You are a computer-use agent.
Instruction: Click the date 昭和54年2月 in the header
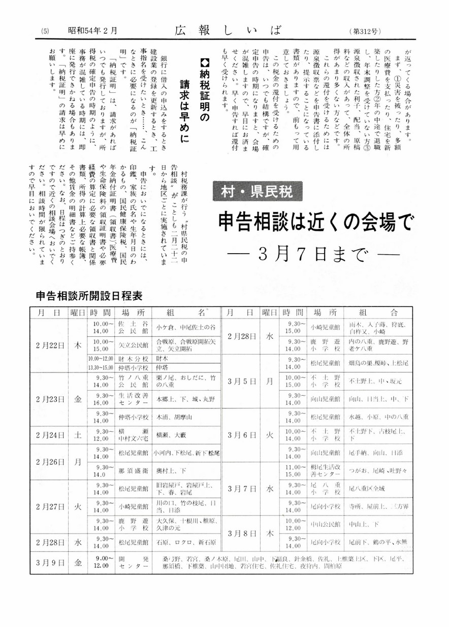coord(92,31)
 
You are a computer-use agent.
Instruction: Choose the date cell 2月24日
coord(50,435)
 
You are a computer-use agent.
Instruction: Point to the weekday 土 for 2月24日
coord(78,435)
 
